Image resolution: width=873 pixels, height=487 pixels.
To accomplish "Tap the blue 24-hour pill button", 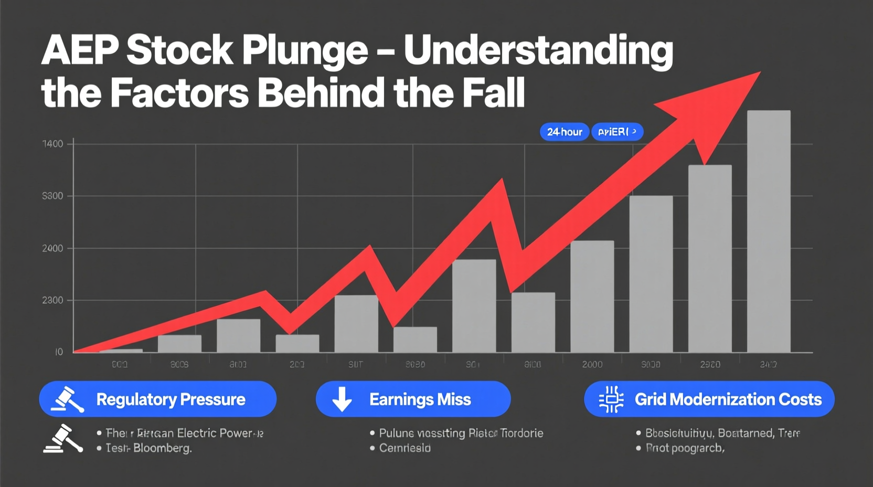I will [565, 132].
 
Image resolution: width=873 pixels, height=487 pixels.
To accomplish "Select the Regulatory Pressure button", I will [157, 399].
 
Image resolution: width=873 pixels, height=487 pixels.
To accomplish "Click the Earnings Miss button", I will [413, 399].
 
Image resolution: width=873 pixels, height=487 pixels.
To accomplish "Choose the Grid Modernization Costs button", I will [709, 399].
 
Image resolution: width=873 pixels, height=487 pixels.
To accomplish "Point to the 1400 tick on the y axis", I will [52, 144].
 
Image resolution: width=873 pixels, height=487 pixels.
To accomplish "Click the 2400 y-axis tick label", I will [52, 248].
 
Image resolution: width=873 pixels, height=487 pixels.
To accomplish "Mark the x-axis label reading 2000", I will [592, 364].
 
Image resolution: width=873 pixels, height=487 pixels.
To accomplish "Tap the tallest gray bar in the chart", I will [769, 231].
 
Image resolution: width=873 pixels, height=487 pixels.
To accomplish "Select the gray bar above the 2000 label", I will [592, 297].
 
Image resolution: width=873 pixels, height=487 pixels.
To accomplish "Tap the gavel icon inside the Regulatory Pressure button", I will [67, 399].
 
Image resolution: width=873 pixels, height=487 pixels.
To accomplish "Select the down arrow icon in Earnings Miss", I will [342, 399].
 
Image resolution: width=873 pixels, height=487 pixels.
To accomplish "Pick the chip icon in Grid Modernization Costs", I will [611, 399].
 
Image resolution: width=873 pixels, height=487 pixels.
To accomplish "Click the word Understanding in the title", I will [538, 51].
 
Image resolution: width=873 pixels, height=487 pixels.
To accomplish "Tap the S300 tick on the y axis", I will [52, 196].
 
